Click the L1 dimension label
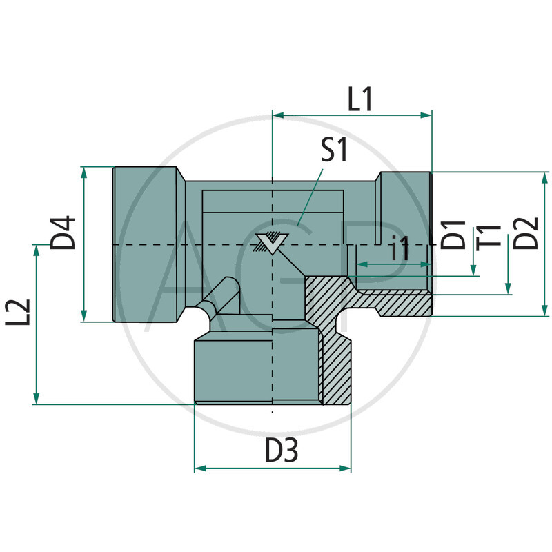pos(360,100)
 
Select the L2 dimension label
pos(21,313)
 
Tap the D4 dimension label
pos(63,233)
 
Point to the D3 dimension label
pos(282,451)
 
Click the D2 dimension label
pos(527,233)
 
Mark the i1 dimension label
pos(400,248)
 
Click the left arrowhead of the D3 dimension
pos(200,469)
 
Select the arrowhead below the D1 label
pos(473,270)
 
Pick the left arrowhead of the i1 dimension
pos(359,264)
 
